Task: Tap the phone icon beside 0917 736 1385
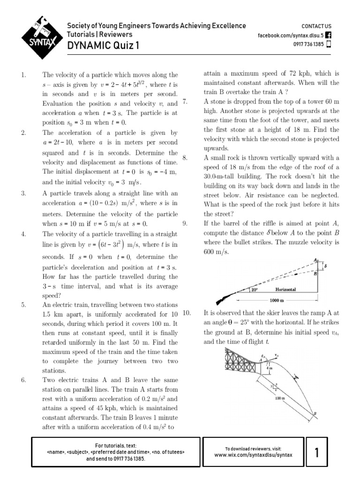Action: point(328,45)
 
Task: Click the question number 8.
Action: point(185,158)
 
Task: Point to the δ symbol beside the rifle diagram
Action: point(325,265)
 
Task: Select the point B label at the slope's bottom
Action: point(315,413)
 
